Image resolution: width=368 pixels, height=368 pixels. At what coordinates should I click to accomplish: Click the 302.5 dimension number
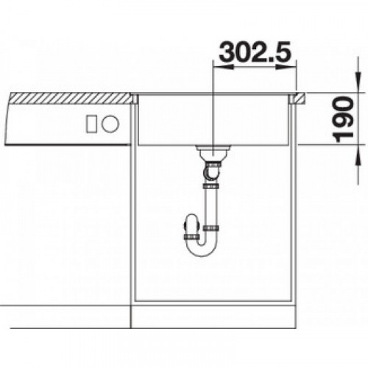coord(255,52)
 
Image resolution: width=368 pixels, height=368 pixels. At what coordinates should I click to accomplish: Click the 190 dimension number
coord(344,120)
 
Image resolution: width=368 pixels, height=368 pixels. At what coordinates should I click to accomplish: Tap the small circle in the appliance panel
coord(110,124)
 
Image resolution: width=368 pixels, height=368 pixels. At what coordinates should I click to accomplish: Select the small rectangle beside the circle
coord(91,124)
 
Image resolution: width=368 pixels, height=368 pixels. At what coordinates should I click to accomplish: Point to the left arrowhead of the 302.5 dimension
coord(223,67)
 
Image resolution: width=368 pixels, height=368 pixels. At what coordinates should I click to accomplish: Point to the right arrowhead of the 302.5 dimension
coord(287,67)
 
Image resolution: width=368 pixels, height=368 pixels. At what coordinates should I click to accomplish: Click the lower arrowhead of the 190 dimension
coord(358,155)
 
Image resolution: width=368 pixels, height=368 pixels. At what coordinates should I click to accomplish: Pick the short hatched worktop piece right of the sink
coord(299,98)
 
